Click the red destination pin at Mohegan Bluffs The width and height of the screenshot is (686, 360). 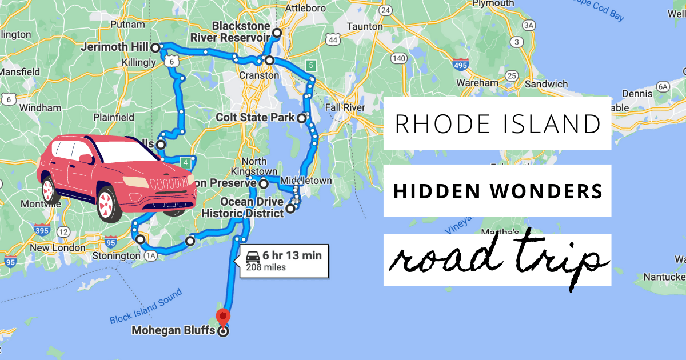tap(223, 315)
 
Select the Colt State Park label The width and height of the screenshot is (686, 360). tap(255, 118)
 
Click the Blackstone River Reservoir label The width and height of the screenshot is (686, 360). tap(241, 32)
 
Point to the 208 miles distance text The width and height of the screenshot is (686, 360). tap(266, 267)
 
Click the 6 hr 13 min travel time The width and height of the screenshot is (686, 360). tap(292, 256)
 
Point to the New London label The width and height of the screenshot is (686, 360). tap(57, 248)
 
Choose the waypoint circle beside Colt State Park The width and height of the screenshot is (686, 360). tap(301, 118)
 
